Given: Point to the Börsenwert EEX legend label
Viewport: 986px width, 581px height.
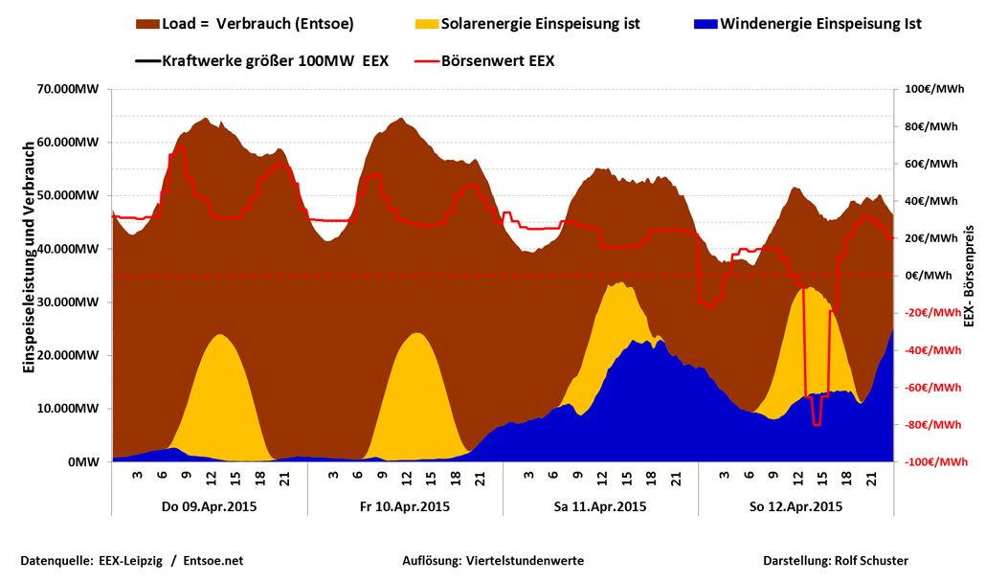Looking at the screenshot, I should point(498,60).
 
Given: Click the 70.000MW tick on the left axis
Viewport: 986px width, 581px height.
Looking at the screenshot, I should point(68,89).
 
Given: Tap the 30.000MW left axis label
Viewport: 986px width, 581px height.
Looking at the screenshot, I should point(68,302).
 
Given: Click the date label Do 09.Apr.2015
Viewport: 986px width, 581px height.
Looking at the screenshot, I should point(210,506).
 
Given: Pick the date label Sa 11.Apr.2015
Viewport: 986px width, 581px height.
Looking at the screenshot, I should point(600,506).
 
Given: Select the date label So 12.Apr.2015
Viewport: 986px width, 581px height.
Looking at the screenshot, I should point(796,506).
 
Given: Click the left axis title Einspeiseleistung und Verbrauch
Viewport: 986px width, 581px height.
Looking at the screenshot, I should point(29,258).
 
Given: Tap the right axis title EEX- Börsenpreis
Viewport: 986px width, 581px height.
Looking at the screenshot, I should point(969,278).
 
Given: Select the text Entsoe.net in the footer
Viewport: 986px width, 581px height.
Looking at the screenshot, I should point(213,561).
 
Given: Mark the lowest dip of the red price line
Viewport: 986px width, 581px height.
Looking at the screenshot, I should point(817,424).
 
